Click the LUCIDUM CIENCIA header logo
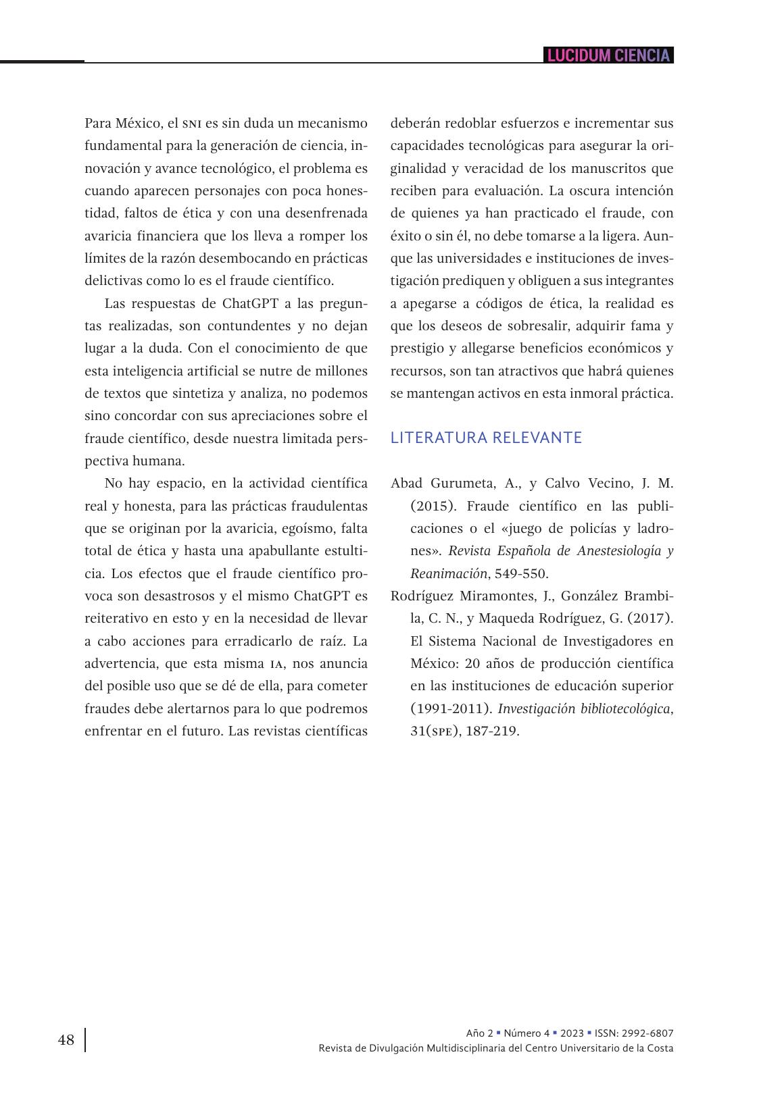[x=608, y=55]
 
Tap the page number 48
[x=66, y=1040]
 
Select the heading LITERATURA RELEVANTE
[x=486, y=438]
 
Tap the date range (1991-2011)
[x=450, y=708]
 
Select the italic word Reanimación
[x=449, y=573]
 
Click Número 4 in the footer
[x=527, y=1033]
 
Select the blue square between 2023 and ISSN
[x=589, y=1033]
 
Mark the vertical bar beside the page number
[x=85, y=1040]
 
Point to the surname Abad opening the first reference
[x=407, y=483]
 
